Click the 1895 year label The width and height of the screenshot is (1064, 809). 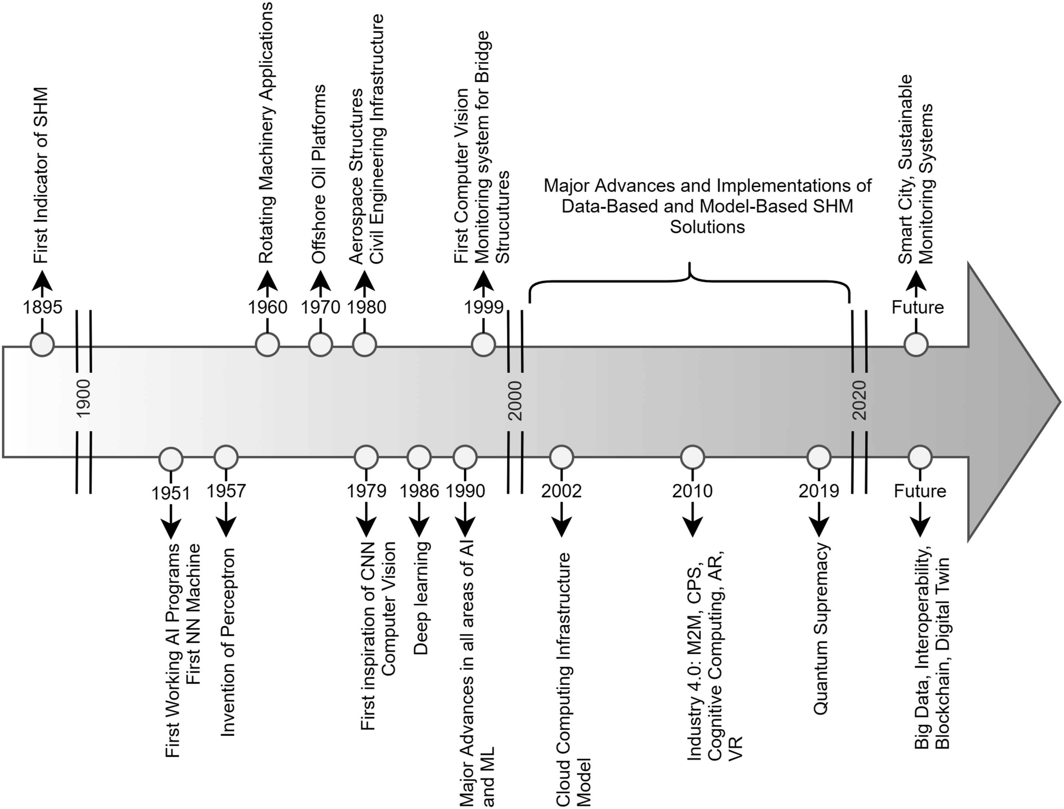coord(43,307)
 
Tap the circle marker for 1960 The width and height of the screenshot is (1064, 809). coord(267,345)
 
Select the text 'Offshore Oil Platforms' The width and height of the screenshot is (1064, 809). coord(319,174)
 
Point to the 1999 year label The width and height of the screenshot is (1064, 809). coord(484,307)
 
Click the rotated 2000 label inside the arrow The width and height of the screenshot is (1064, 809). coord(515,400)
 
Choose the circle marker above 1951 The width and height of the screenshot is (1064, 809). coord(171,458)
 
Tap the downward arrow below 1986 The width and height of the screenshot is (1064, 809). coord(419,519)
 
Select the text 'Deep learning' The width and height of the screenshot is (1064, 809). coord(421,598)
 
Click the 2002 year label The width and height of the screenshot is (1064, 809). coord(562,491)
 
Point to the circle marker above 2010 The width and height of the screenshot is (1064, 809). coord(693,457)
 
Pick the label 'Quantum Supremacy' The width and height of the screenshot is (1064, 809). coord(820,629)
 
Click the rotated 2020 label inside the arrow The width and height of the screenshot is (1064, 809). coord(859,400)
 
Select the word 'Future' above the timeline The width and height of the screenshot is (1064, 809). coord(918,307)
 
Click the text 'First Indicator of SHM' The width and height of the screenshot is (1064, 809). coord(41,175)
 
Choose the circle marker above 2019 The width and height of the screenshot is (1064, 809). coord(819,457)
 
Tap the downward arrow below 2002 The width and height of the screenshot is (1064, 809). coord(562,519)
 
